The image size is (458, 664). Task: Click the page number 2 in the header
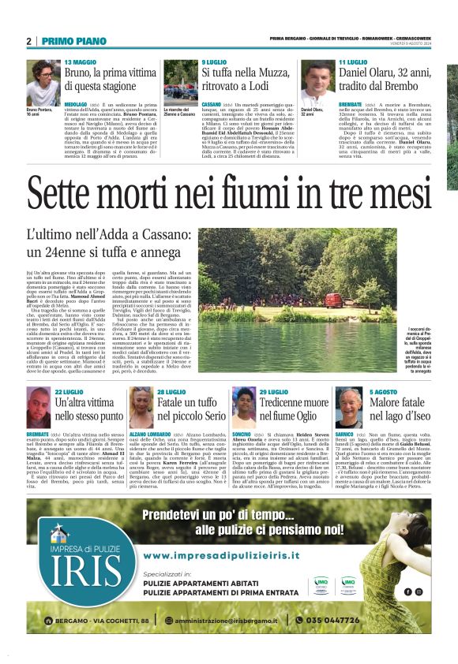28,41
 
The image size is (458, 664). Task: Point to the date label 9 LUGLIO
214,62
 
